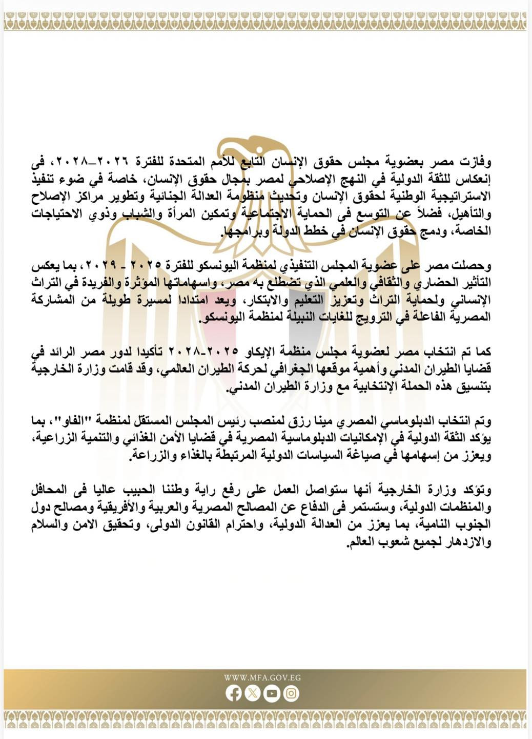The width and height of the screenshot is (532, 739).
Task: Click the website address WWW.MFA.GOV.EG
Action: pos(262,677)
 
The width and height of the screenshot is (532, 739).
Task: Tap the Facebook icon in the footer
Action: pos(233,694)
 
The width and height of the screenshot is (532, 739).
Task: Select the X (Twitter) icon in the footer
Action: pos(253,694)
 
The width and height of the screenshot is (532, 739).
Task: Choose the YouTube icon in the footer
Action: pos(272,694)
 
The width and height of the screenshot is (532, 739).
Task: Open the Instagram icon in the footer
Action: pos(291,694)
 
